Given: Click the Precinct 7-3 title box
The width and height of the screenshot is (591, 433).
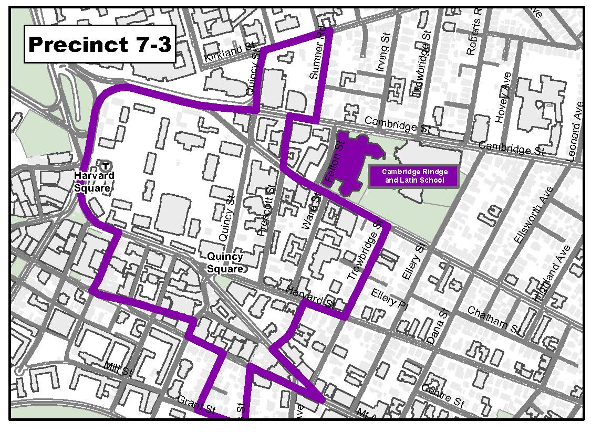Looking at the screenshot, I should [x=100, y=44].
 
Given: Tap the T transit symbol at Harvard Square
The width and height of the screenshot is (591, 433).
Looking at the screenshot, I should [x=106, y=165].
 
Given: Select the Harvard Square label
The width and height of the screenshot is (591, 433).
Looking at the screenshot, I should [x=94, y=182].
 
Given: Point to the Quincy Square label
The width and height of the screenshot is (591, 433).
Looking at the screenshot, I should [x=225, y=263].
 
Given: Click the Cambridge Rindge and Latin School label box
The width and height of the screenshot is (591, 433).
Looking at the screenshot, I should [x=413, y=176].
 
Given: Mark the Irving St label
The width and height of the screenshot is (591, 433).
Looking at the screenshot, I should [x=382, y=51].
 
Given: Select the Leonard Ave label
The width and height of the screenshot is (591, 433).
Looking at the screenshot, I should [x=575, y=131].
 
